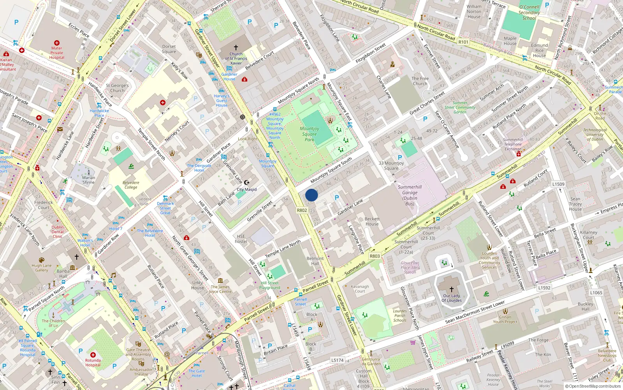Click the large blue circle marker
pyautogui.click(x=311, y=195)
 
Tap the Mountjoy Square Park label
pyautogui.click(x=310, y=134)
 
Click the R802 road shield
pyautogui.click(x=302, y=210)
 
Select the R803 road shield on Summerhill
pyautogui.click(x=375, y=256)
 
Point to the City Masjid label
pyautogui.click(x=246, y=190)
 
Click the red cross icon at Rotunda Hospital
pyautogui.click(x=93, y=355)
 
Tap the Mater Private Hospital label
pyautogui.click(x=56, y=53)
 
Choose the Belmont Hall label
pyautogui.click(x=315, y=261)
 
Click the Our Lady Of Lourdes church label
pyautogui.click(x=452, y=298)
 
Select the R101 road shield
pyautogui.click(x=463, y=42)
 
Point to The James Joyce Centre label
pyautogui.click(x=220, y=289)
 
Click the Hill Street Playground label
pyautogui.click(x=270, y=285)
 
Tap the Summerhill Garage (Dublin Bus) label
pyautogui.click(x=410, y=195)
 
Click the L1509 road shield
pyautogui.click(x=558, y=184)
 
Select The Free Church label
pyautogui.click(x=420, y=81)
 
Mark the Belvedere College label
pyautogui.click(x=131, y=185)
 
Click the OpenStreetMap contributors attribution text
pyautogui.click(x=593, y=386)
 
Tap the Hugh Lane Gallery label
pyautogui.click(x=42, y=268)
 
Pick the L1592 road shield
pyautogui.click(x=544, y=288)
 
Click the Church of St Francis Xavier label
pyautogui.click(x=236, y=58)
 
